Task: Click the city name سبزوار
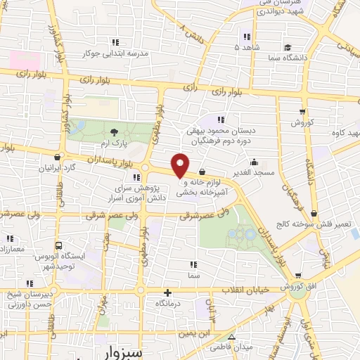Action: [122, 350]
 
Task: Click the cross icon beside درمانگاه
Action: [167, 292]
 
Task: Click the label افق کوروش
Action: [304, 287]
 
